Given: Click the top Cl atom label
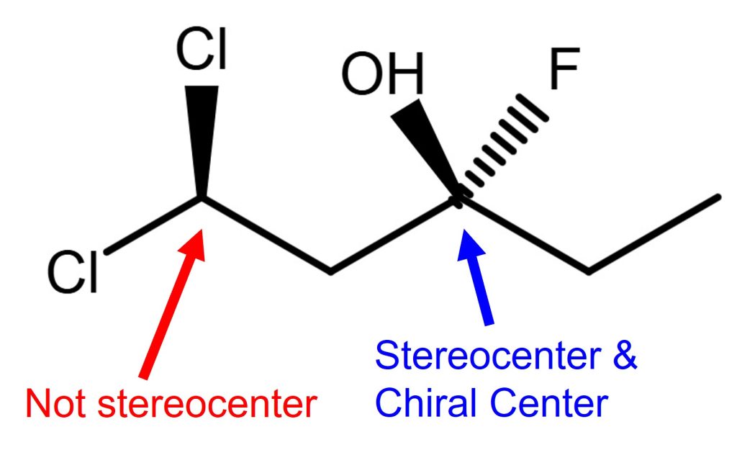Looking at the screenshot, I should (x=202, y=50).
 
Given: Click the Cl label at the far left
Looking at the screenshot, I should (x=73, y=274).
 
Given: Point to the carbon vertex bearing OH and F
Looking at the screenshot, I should (x=459, y=197).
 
